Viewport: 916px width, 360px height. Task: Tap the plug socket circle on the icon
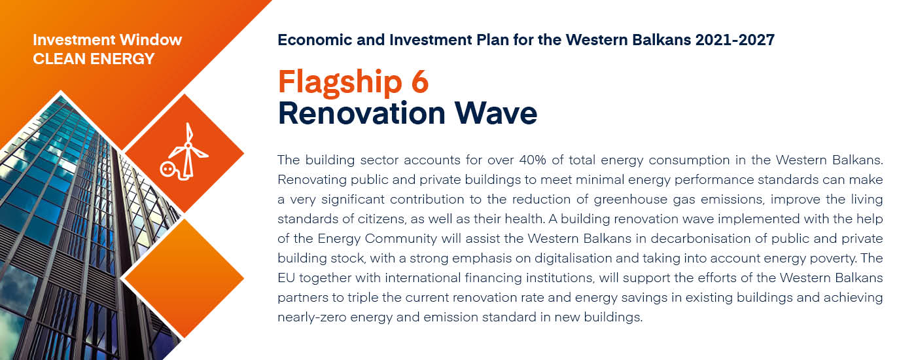point(167,169)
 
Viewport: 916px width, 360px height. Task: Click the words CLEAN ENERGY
point(94,59)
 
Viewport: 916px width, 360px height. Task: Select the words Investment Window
point(107,40)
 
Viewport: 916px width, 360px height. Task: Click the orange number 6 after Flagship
point(419,81)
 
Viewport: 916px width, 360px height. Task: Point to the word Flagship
point(340,84)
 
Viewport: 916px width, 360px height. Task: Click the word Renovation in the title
point(361,113)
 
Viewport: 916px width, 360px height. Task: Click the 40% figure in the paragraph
point(533,160)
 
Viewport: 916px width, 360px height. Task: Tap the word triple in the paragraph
point(362,298)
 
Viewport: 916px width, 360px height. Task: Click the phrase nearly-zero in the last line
point(312,317)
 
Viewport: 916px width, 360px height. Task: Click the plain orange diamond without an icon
point(184,278)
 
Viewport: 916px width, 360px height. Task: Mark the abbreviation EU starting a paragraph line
point(286,278)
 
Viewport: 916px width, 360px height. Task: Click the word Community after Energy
point(400,239)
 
